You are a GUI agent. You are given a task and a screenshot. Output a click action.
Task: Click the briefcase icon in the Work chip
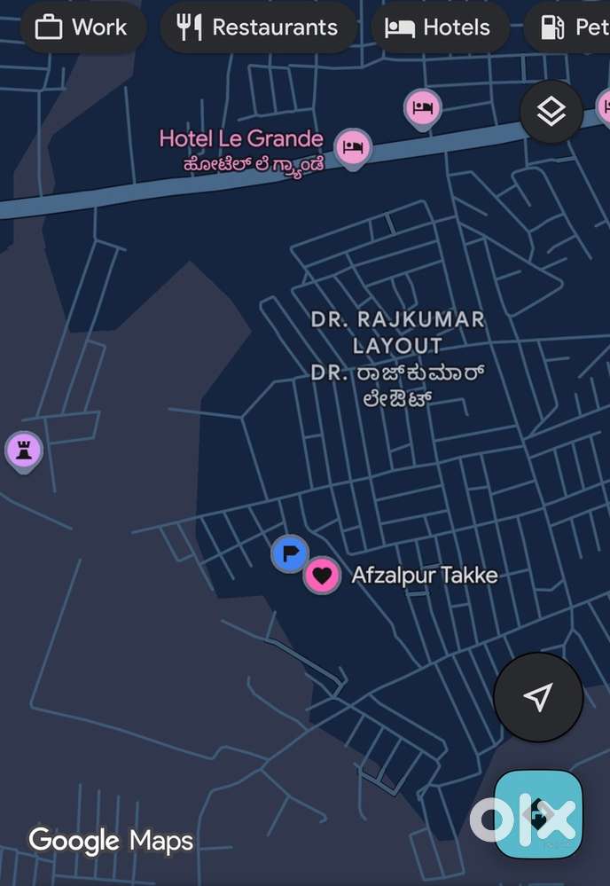pyautogui.click(x=49, y=27)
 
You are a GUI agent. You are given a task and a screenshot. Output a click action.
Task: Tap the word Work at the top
pyautogui.click(x=99, y=27)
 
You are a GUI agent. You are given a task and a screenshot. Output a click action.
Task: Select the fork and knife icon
pyautogui.click(x=189, y=27)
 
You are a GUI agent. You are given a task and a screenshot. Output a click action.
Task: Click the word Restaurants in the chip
pyautogui.click(x=275, y=27)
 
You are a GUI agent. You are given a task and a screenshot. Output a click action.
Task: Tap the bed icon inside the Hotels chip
pyautogui.click(x=400, y=27)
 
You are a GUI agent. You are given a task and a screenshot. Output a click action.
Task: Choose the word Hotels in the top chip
pyautogui.click(x=457, y=27)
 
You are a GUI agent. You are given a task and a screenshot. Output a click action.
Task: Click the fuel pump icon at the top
pyautogui.click(x=552, y=27)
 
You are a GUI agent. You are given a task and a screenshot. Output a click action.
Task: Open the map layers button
pyautogui.click(x=551, y=112)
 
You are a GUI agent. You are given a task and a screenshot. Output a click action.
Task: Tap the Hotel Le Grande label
pyautogui.click(x=240, y=138)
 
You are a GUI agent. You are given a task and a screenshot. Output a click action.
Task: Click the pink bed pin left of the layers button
pyautogui.click(x=423, y=108)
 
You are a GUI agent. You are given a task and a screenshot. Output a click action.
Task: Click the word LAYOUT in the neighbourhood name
pyautogui.click(x=397, y=345)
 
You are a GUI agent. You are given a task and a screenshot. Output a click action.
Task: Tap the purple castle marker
pyautogui.click(x=24, y=451)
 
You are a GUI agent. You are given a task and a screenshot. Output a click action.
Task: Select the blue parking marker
pyautogui.click(x=289, y=554)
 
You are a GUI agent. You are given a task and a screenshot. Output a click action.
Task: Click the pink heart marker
pyautogui.click(x=323, y=576)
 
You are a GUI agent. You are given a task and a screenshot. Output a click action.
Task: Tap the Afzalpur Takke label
pyautogui.click(x=424, y=576)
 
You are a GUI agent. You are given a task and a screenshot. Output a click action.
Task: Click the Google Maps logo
pyautogui.click(x=111, y=839)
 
